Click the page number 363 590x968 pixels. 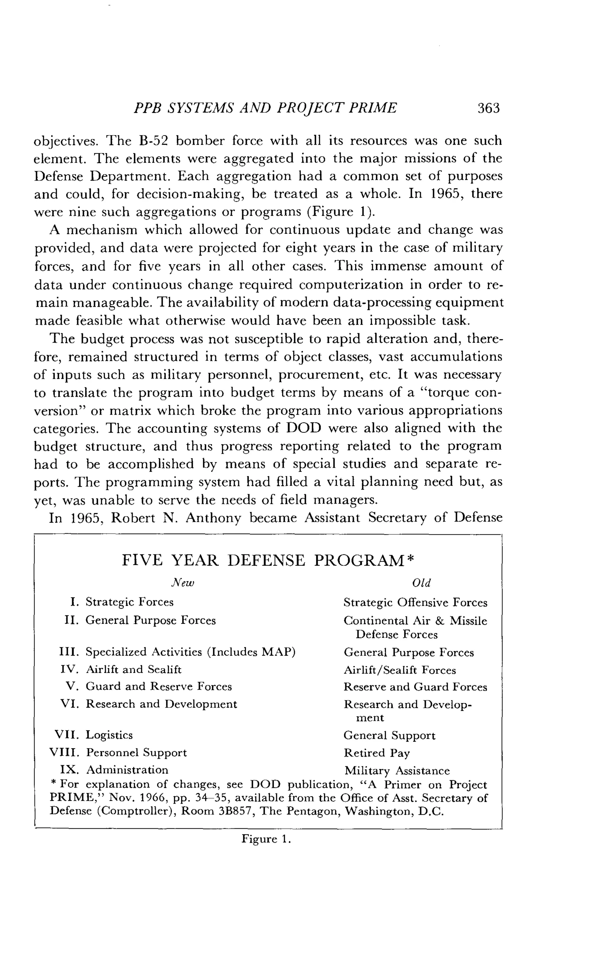pos(488,108)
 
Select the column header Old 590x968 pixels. pos(421,583)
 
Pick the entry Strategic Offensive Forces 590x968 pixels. pos(415,602)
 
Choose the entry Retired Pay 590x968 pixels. pos(376,753)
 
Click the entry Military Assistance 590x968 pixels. pos(397,771)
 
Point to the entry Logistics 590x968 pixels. pos(109,735)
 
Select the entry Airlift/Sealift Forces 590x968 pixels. pos(400,670)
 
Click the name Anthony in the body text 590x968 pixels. pos(213,518)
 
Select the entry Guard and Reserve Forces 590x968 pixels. pos(159,686)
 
